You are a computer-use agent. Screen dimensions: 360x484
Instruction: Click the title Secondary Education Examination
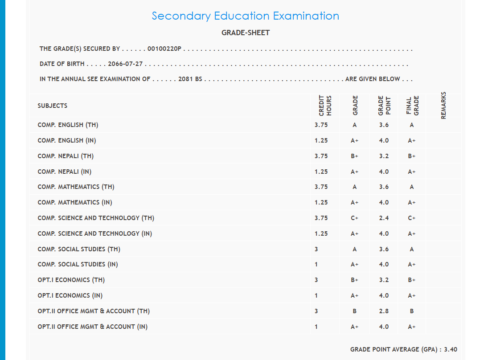click(245, 16)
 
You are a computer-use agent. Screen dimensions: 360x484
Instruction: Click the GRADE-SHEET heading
click(246, 33)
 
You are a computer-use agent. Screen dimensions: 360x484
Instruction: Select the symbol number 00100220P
click(164, 49)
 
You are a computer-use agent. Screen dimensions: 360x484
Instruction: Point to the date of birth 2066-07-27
click(125, 64)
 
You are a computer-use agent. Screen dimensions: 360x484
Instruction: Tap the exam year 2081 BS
click(190, 79)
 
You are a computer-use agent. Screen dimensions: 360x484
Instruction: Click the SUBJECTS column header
click(53, 106)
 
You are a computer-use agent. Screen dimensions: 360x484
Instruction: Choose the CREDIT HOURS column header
click(325, 106)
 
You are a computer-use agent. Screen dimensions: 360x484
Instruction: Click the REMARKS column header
click(443, 106)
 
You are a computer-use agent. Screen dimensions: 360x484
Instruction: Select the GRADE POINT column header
click(384, 106)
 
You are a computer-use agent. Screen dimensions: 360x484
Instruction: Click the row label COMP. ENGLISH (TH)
click(68, 125)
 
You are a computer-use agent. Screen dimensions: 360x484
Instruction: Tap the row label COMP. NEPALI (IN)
click(65, 172)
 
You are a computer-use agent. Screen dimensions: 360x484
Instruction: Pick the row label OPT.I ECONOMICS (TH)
click(71, 280)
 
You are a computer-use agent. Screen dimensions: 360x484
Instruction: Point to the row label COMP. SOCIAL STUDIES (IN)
click(78, 265)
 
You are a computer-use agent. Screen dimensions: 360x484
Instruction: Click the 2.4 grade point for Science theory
click(384, 218)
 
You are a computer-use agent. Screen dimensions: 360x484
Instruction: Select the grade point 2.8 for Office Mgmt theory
click(384, 311)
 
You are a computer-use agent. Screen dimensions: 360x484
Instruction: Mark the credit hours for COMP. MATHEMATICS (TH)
click(321, 187)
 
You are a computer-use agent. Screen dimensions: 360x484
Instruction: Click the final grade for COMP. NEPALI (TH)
click(412, 156)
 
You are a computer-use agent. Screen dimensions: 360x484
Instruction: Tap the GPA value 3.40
click(451, 350)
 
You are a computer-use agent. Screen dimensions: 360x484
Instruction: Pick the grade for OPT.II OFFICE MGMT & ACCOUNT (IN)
click(354, 327)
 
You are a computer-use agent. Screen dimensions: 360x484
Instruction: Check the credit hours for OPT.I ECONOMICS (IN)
click(316, 296)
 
